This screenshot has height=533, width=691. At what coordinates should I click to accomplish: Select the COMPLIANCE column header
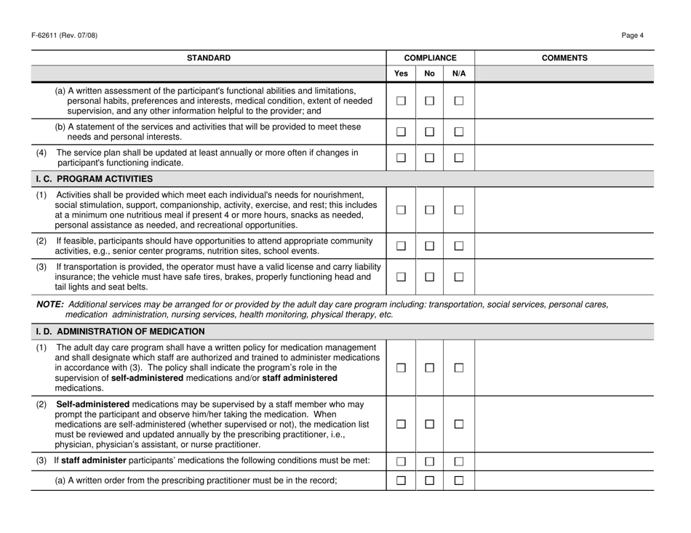(x=430, y=57)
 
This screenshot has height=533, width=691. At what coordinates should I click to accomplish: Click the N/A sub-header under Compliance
(x=458, y=73)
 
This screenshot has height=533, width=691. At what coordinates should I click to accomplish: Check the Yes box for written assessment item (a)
(x=400, y=100)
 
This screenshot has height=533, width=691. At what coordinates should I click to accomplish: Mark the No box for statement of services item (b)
(x=429, y=132)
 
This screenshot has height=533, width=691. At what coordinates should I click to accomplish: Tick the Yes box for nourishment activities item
(x=400, y=210)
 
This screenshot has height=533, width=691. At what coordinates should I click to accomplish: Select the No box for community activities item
(x=429, y=246)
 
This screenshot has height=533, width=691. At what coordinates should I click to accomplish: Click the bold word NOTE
(x=49, y=304)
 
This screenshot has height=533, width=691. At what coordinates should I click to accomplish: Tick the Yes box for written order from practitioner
(x=400, y=478)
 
